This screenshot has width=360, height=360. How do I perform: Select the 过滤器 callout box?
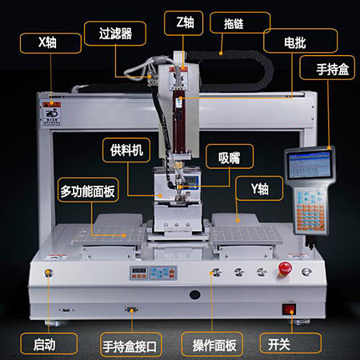[115, 34]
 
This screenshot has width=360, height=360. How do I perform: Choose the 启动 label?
[49, 345]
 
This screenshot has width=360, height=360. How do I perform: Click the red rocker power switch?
[286, 309]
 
